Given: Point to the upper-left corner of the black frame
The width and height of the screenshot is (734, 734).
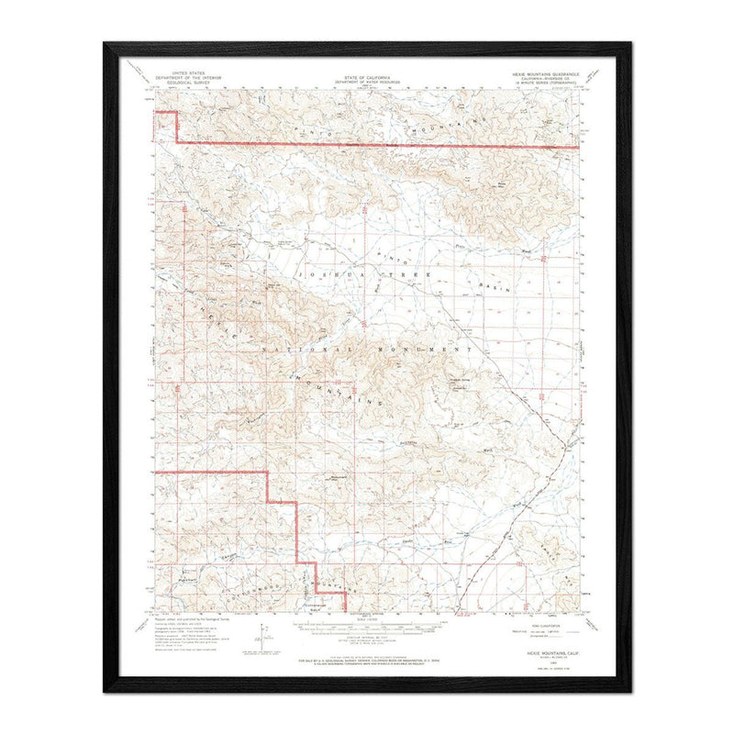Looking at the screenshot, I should tap(105, 43).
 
